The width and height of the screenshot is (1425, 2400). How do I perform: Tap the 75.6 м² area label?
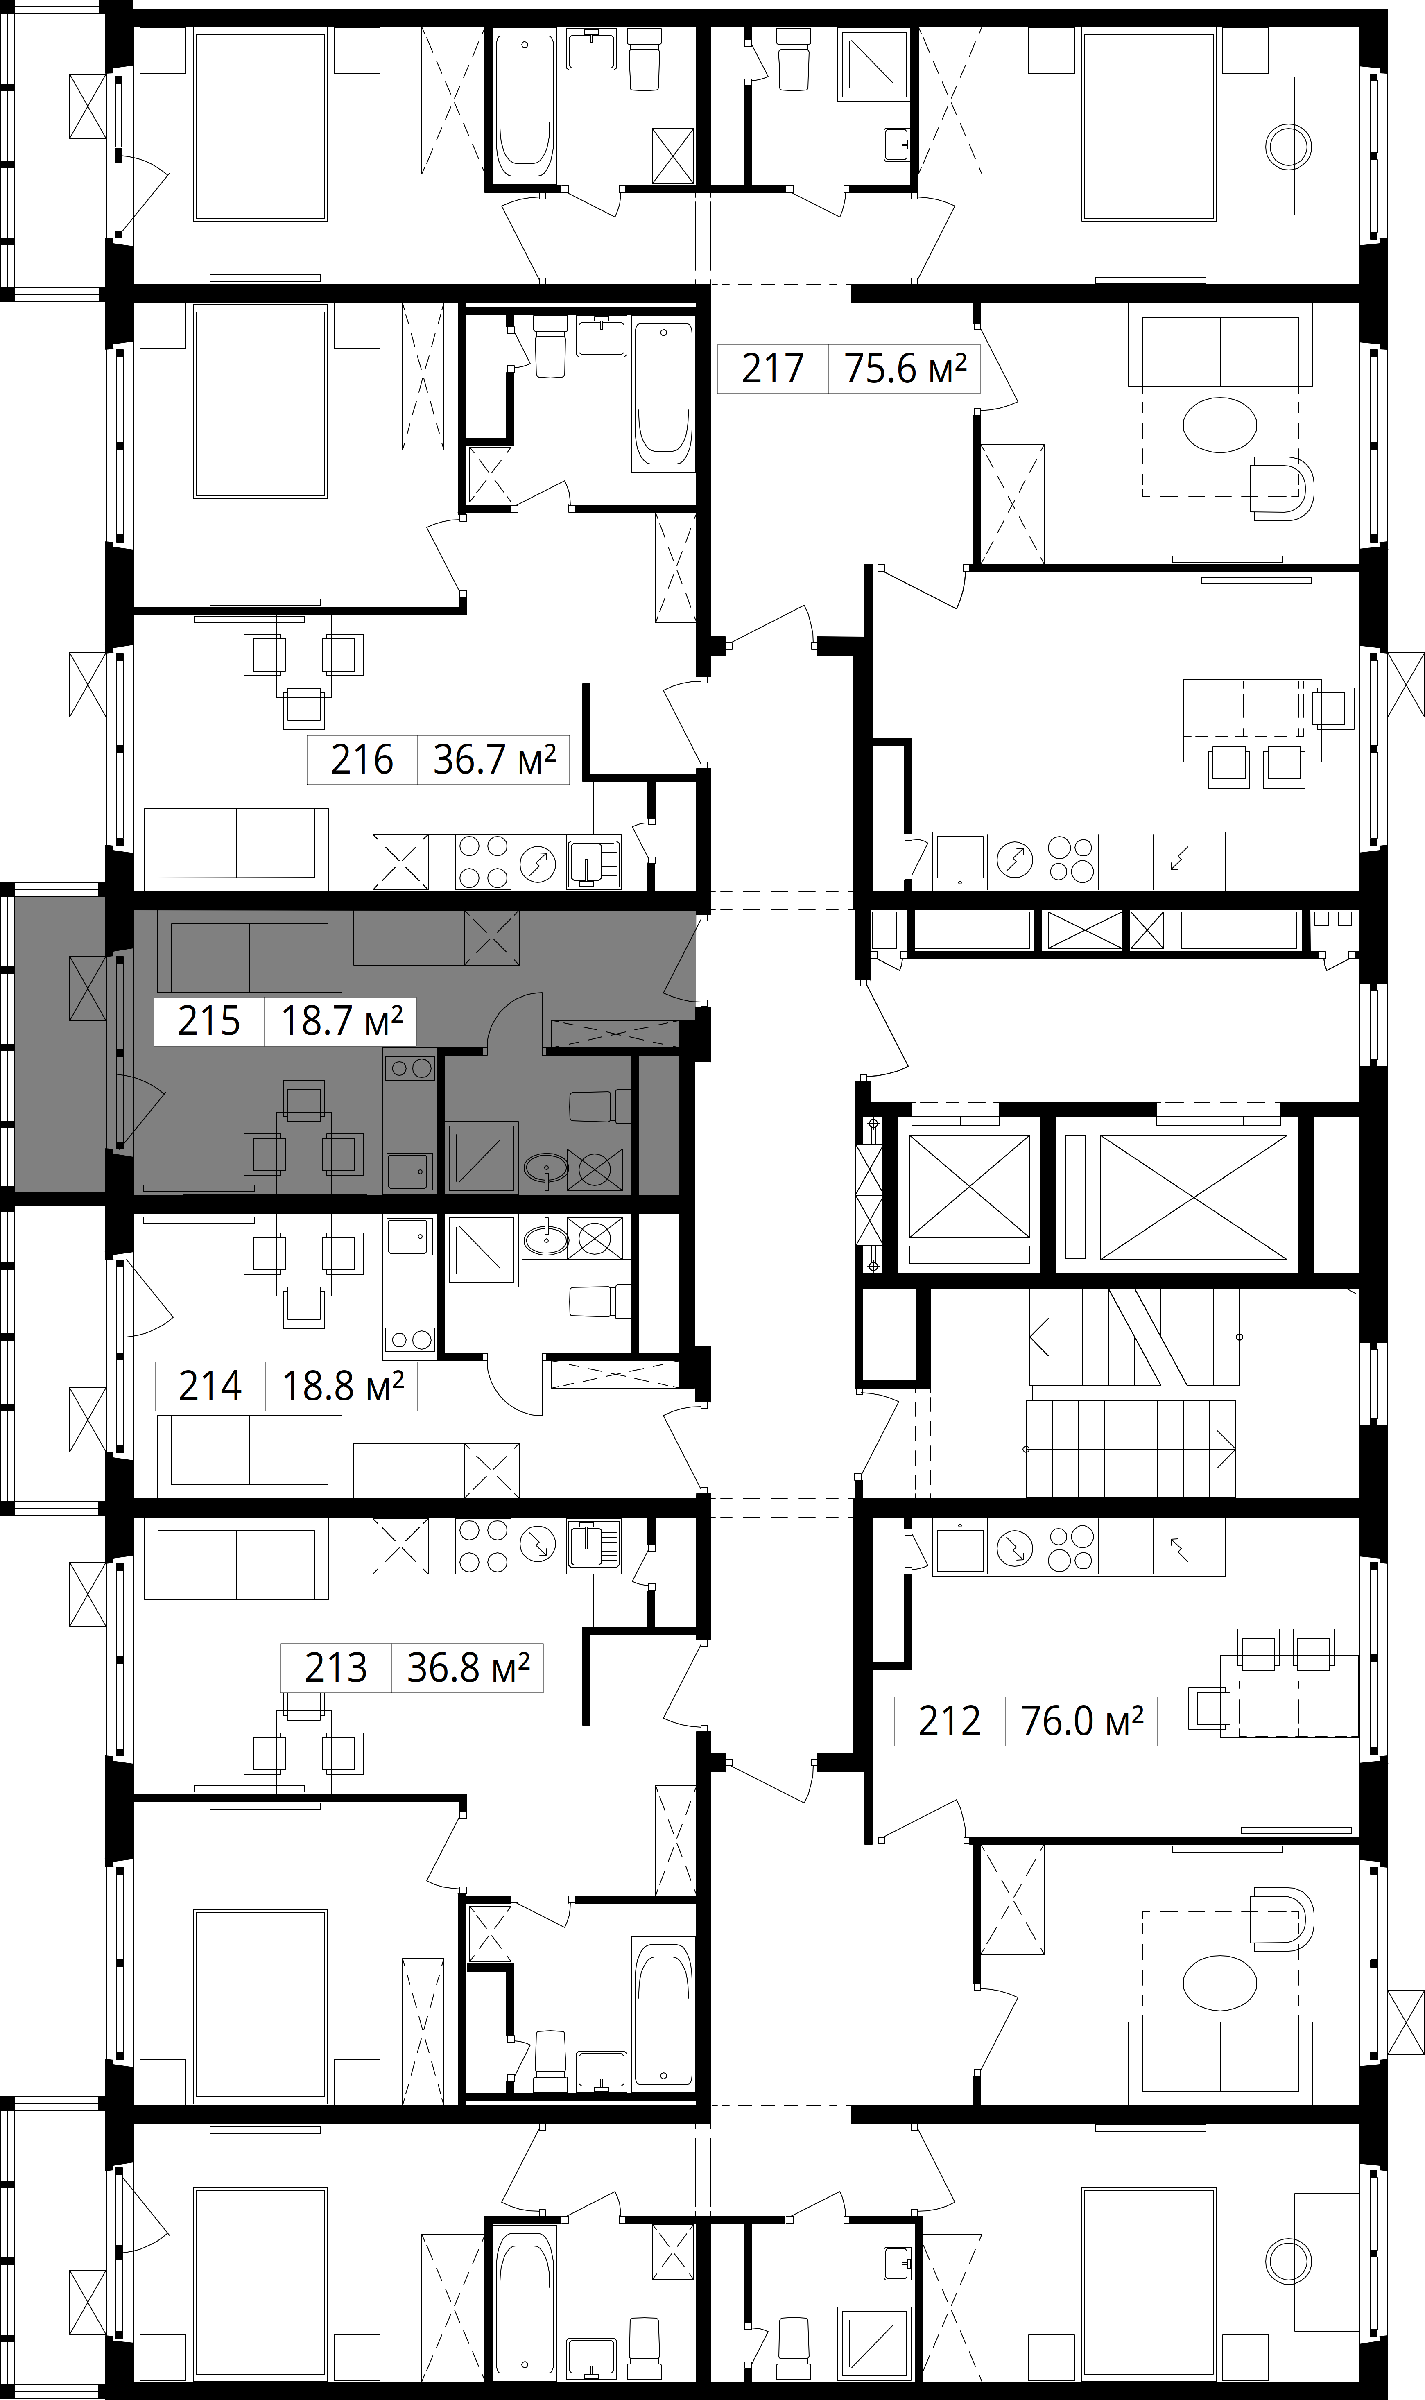point(905,369)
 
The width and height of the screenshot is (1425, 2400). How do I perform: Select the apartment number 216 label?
point(362,760)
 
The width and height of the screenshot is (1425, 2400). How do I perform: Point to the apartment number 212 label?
point(950,1721)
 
